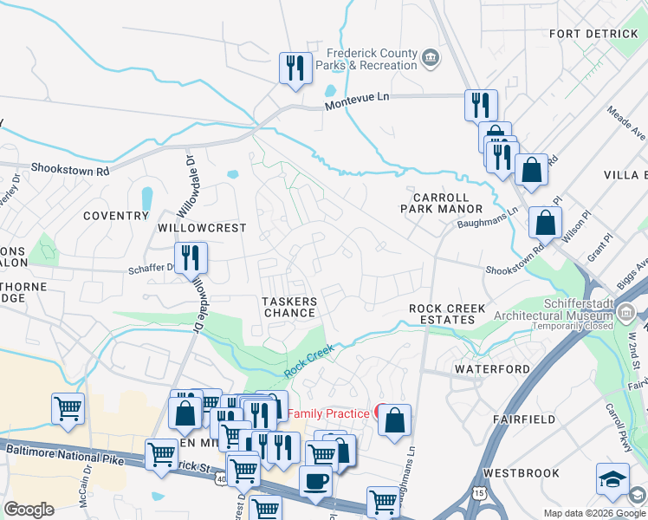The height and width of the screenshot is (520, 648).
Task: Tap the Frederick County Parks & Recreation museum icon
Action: point(431,59)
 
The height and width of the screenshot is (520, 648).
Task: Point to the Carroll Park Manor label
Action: point(441,203)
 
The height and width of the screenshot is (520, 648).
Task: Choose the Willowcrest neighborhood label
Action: point(202,228)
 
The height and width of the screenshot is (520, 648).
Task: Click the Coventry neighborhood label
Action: point(116,215)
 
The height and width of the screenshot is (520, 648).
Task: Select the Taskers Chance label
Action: point(290,307)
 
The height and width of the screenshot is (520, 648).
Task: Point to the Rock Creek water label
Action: point(309,362)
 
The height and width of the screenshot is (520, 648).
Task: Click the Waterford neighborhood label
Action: point(492,368)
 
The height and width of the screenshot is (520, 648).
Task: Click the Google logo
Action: point(29,510)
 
